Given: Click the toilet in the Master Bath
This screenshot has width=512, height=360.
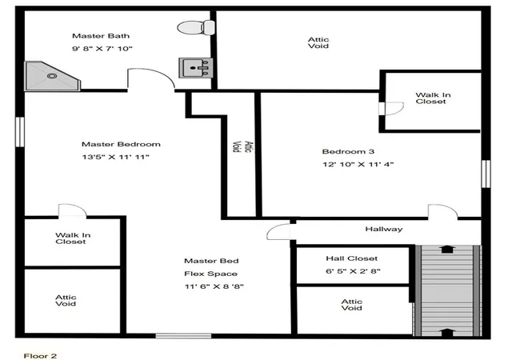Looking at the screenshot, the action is point(196,27).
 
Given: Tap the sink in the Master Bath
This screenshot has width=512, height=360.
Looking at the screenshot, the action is point(195,68).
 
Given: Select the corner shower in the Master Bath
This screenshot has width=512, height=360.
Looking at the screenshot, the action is point(52,76).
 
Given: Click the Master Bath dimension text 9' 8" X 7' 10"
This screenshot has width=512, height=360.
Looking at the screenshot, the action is point(102,49).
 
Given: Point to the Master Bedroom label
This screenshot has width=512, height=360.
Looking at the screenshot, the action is point(121,144).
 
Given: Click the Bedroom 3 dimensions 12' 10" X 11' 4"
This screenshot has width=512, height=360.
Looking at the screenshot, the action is point(358,164).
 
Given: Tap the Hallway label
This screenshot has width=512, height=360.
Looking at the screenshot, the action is point(384,229).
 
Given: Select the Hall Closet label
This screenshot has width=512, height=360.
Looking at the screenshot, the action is point(352,258).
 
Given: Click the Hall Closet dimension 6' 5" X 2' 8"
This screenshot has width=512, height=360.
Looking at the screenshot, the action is point(353,271).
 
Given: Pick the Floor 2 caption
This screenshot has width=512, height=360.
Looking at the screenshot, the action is point(40,356).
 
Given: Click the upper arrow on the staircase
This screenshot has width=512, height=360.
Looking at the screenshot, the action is point(446,249).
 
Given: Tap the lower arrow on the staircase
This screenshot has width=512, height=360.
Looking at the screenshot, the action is point(446,332).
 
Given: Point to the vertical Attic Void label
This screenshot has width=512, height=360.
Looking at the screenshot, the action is point(242,146).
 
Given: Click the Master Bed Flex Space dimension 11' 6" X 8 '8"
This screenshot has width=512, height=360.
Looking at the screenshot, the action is point(214,286).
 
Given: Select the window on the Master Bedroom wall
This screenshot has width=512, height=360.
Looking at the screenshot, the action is point(20,132).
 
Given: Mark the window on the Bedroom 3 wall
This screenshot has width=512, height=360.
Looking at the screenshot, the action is point(486,174).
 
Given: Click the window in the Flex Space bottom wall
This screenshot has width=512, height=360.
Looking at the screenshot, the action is point(183,335).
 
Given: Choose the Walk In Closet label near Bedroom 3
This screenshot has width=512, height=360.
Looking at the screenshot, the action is point(433,98).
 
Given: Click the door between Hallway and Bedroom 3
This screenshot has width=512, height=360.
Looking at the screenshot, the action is point(442,211).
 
